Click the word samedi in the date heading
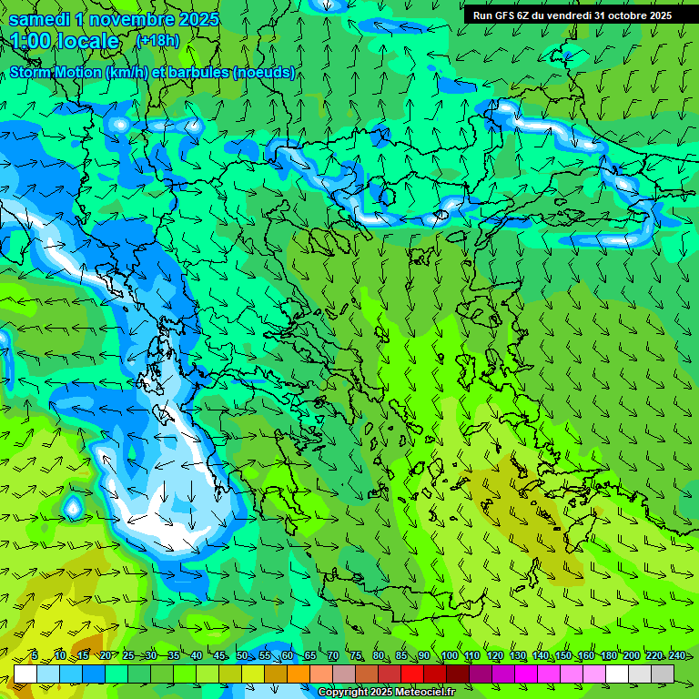39,19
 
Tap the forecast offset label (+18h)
157,41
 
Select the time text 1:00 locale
65,41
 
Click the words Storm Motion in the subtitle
56,72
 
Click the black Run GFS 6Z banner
572,15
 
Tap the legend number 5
34,656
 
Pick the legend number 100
449,656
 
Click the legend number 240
676,656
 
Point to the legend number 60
288,656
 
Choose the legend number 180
609,656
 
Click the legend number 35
173,656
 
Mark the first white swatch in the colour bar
25,674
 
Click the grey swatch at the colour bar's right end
663,674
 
